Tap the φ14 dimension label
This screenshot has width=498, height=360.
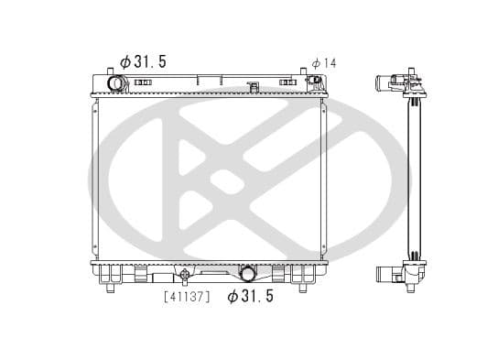pyautogui.click(x=323, y=62)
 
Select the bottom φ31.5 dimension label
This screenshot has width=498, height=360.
pyautogui.click(x=250, y=296)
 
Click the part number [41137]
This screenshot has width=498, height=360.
pyautogui.click(x=187, y=296)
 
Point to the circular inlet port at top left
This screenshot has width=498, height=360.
pyautogui.click(x=117, y=84)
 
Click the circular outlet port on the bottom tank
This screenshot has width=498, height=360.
pyautogui.click(x=247, y=272)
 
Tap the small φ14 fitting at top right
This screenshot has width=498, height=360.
pyautogui.click(x=317, y=82)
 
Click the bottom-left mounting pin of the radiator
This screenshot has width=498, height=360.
pyautogui.click(x=111, y=289)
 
